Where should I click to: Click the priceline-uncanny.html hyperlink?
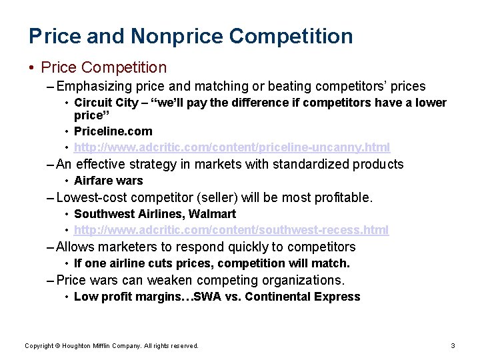[x=232, y=147]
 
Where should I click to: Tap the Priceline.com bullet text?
[x=113, y=131]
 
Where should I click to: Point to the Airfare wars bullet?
[x=108, y=181]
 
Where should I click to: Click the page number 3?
[x=453, y=345]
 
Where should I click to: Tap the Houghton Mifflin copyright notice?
[x=111, y=345]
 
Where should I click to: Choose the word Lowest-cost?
[x=92, y=197]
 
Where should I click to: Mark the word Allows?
[x=75, y=247]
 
